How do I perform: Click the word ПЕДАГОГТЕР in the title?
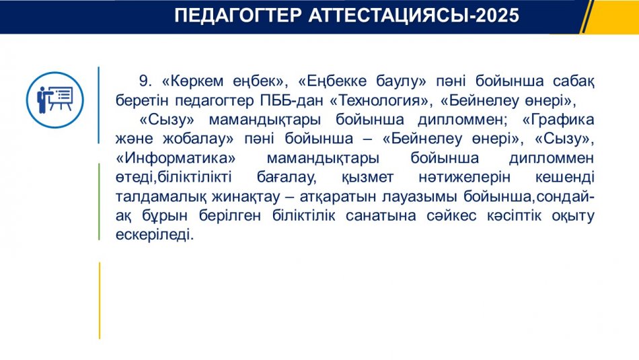[x=238, y=15]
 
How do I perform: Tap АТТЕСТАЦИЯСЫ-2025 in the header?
[x=414, y=15]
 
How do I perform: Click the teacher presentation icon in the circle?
[x=55, y=100]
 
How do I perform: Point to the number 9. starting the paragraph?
[x=145, y=81]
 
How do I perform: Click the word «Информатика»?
[x=176, y=157]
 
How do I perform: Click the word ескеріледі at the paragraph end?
[x=155, y=235]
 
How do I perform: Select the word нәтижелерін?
[x=464, y=177]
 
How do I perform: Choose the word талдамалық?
[x=161, y=196]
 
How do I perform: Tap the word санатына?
[x=381, y=216]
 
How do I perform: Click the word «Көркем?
[x=192, y=81]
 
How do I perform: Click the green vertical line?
[x=99, y=201]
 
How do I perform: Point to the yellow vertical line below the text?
[x=99, y=301]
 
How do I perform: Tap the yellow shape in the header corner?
[x=611, y=17]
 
